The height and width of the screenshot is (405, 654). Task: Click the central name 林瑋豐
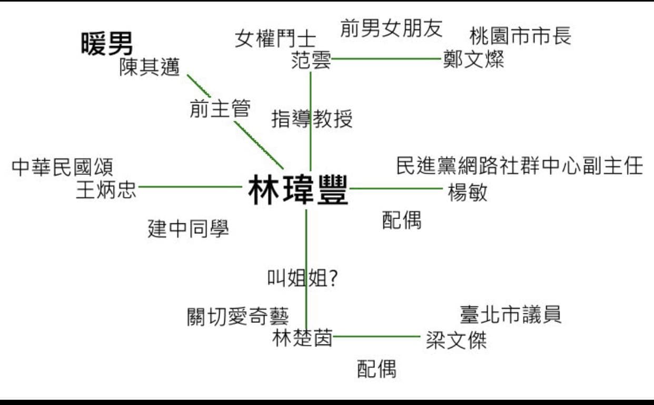tap(298, 190)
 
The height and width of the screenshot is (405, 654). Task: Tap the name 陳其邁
tap(150, 67)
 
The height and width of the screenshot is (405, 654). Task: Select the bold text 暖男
tap(107, 44)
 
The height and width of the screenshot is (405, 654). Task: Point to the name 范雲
tap(311, 60)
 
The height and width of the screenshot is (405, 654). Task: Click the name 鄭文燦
tap(473, 60)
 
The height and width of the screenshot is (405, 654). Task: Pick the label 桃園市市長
tap(520, 36)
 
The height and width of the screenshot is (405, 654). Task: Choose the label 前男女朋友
tap(391, 28)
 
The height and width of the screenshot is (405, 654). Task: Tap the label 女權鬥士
tap(275, 39)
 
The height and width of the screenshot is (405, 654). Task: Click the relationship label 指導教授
tap(312, 119)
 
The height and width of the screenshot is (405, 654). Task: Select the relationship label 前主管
tap(220, 108)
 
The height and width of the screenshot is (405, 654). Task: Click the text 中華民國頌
tap(63, 167)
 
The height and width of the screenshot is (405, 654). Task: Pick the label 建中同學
tap(189, 229)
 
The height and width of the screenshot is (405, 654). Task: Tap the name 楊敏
tap(468, 192)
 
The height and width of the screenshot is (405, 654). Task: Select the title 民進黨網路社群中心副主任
tap(520, 165)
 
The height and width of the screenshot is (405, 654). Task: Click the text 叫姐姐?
tap(302, 278)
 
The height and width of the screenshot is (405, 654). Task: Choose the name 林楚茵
tap(302, 338)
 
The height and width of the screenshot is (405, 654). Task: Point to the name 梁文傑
tap(457, 340)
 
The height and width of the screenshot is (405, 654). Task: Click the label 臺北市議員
tap(510, 314)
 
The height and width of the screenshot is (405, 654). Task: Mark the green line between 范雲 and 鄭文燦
tap(387, 58)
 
